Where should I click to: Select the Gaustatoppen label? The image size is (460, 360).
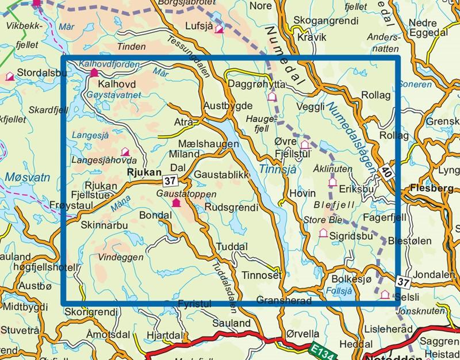[178, 194]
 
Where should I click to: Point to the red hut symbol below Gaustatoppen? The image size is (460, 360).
[176, 203]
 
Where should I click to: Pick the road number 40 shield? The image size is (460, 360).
[386, 170]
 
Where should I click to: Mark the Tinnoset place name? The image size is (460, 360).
[261, 275]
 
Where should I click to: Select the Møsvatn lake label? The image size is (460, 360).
[21, 179]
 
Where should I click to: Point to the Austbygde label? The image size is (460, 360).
[228, 106]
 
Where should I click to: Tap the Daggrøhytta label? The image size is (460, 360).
[254, 84]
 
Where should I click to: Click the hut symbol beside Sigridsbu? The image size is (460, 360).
[323, 233]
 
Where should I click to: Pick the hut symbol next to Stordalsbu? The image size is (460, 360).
[10, 76]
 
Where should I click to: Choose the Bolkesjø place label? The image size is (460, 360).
[348, 279]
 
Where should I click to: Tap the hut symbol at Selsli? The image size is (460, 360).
[385, 294]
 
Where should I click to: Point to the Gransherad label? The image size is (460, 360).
[284, 301]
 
